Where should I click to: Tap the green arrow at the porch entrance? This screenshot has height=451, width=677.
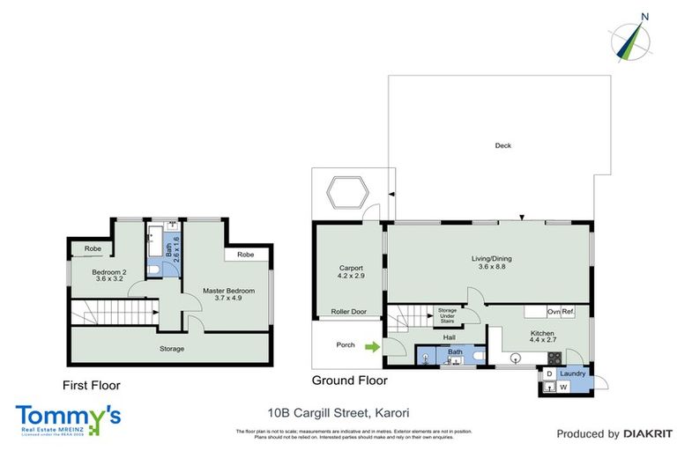373,345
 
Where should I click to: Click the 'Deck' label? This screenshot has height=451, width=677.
502,146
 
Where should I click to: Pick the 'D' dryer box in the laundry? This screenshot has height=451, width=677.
549,373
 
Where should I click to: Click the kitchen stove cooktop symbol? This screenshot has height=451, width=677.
554,359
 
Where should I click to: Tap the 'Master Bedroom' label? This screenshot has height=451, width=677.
228,291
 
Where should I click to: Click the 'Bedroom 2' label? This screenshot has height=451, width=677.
110,272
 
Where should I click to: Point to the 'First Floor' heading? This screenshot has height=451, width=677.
91,385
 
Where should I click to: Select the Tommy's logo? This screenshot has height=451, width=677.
68,418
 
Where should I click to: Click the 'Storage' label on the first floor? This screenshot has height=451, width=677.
171,349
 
